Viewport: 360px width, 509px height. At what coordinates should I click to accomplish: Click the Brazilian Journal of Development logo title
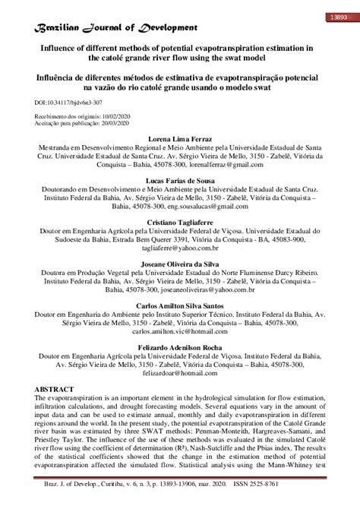pos(112,28)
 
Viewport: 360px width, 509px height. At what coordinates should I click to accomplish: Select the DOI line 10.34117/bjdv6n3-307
pos(70,101)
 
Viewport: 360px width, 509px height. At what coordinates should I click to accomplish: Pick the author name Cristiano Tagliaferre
pos(179,223)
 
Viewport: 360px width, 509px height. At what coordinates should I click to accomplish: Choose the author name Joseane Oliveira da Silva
pos(179,264)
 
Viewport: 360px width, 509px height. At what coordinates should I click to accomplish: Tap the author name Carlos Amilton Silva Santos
pos(179,305)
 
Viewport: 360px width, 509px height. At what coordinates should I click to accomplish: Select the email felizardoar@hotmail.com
pos(179,372)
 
